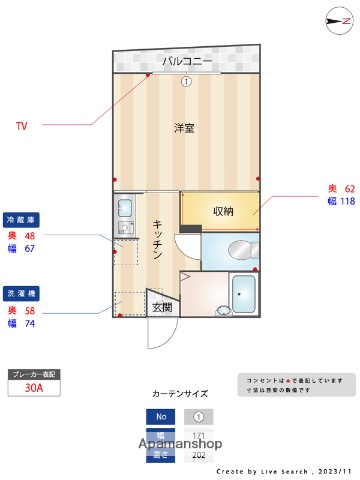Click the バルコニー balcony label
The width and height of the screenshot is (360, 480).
pyautogui.click(x=187, y=62)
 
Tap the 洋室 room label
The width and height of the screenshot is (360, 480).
pyautogui.click(x=184, y=128)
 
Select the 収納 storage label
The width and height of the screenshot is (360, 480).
pyautogui.click(x=223, y=210)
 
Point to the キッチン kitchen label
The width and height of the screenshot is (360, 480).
pyautogui.click(x=158, y=240)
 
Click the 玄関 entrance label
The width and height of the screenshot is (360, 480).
pyautogui.click(x=161, y=307)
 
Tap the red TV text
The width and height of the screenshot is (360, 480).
pyautogui.click(x=21, y=126)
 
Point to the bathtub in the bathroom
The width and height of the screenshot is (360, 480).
pyautogui.click(x=245, y=294)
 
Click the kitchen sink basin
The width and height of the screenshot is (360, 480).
pyautogui.click(x=124, y=209)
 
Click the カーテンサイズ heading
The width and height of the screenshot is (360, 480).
pyautogui.click(x=179, y=394)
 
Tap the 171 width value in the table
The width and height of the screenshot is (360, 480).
pyautogui.click(x=198, y=436)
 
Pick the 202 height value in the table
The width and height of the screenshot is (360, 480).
pyautogui.click(x=198, y=454)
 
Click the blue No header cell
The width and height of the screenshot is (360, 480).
pyautogui.click(x=159, y=417)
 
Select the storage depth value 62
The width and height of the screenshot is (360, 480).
pyautogui.click(x=350, y=188)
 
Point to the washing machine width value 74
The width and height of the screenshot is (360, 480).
pyautogui.click(x=29, y=324)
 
